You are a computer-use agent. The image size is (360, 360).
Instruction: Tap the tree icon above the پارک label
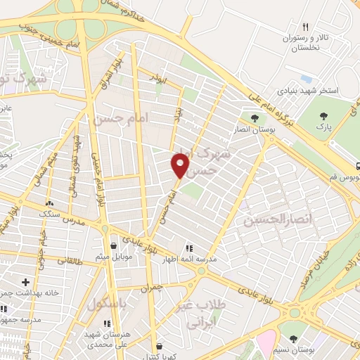click(x=323, y=117)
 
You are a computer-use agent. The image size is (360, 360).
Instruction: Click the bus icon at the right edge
click(x=358, y=167)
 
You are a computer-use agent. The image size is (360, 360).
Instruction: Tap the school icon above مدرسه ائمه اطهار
click(x=188, y=247)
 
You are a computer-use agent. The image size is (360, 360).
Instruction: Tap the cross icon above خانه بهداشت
click(x=25, y=281)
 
